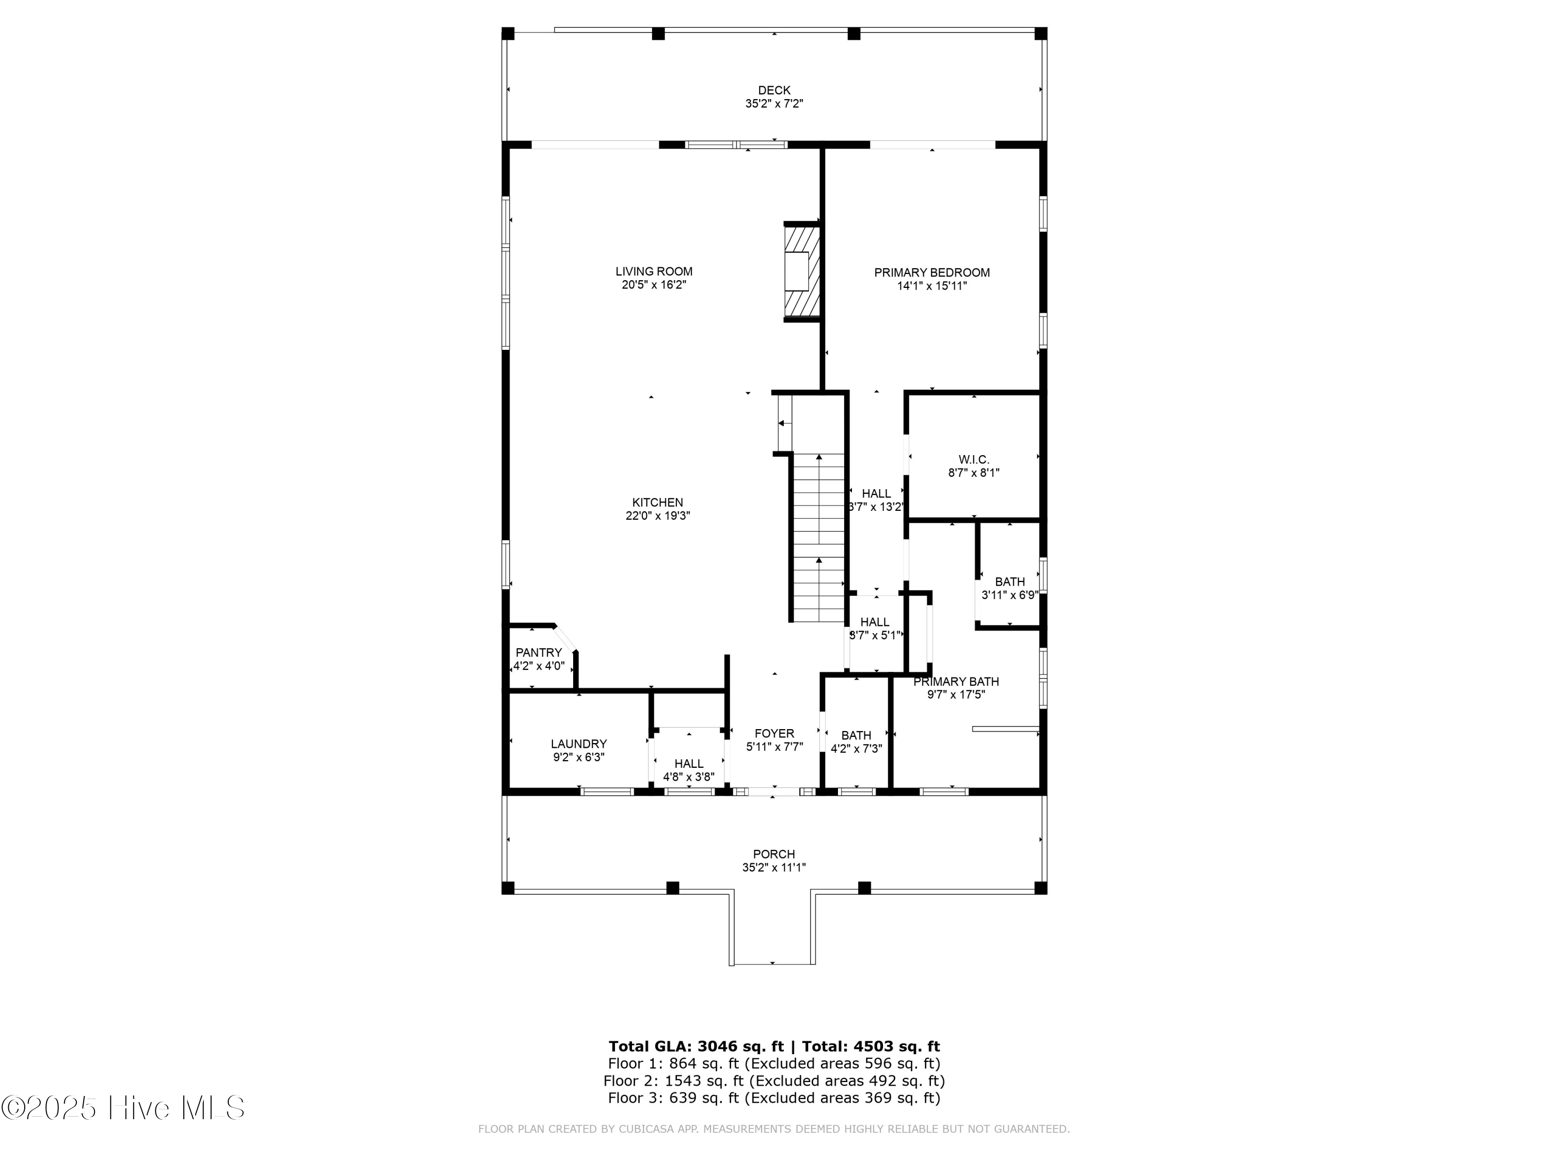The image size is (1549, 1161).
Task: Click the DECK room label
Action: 774,90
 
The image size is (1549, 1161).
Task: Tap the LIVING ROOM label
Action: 654,271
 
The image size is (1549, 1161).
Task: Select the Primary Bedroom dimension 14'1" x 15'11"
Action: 932,285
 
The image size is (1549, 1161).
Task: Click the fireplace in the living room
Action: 802,271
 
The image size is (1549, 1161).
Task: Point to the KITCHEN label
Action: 658,503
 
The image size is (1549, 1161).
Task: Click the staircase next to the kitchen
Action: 818,538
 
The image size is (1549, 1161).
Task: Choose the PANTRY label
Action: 539,653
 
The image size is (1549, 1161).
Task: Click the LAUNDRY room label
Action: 578,744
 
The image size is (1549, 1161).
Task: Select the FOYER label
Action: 774,733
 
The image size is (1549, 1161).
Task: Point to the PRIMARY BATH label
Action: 956,682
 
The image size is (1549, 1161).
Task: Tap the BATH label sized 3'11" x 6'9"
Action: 1010,582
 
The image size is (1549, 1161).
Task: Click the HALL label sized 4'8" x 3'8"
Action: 689,764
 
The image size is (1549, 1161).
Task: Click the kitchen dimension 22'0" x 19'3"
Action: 658,516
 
